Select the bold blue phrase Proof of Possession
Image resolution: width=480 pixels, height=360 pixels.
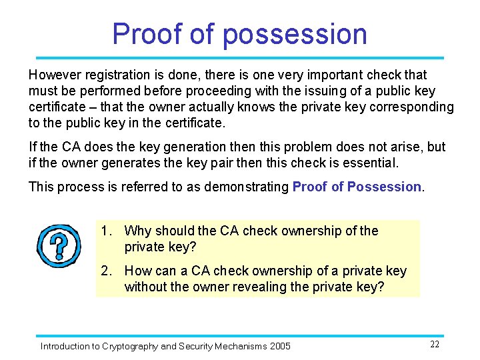pos(357,187)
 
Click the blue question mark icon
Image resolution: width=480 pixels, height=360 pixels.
pos(59,245)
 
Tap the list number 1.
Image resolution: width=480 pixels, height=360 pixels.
pos(105,231)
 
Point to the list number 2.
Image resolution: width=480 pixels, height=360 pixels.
pos(105,271)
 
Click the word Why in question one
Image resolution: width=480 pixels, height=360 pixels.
pos(138,231)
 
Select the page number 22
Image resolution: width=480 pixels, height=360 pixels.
pos(435,344)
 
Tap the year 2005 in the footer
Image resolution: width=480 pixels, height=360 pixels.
pos(279,346)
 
